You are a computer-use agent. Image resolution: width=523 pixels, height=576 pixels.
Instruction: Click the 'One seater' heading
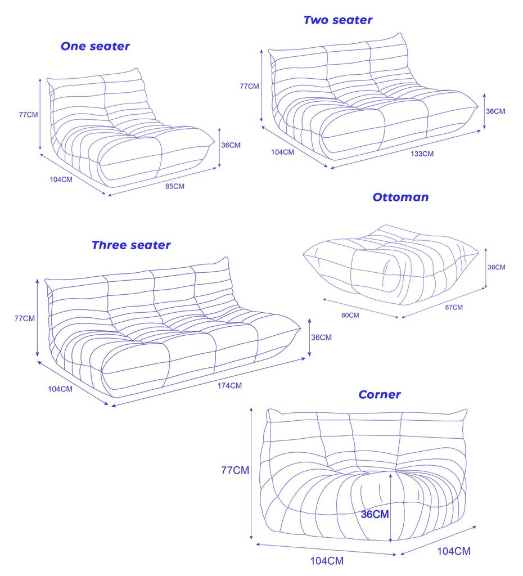95,47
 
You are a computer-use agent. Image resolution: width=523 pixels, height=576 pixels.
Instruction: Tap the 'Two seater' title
337,20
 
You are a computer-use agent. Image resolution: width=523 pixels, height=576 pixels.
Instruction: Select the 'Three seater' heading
131,245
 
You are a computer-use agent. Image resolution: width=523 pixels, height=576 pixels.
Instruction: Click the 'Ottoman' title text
400,197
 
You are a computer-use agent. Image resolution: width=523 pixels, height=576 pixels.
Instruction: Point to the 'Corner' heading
380,395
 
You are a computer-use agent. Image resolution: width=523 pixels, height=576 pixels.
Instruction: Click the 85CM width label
175,186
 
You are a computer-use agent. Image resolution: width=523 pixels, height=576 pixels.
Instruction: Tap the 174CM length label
230,385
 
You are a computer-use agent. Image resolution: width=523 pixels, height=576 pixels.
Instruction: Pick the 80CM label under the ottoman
350,316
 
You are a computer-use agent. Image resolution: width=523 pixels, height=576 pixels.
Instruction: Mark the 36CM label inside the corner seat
375,514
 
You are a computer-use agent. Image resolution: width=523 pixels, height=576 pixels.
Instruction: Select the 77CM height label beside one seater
28,114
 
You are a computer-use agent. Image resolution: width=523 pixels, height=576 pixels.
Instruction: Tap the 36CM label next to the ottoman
496,267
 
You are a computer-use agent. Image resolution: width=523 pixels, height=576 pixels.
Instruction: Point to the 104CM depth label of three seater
60,389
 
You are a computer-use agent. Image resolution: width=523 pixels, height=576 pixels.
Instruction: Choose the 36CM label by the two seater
495,111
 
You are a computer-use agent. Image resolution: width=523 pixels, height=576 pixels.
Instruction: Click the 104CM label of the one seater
61,179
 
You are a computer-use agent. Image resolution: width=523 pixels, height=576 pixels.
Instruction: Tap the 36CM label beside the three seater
321,337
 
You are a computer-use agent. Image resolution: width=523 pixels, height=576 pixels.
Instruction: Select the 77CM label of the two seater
249,86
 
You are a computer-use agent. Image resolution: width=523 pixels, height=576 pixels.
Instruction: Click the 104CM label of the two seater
282,152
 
